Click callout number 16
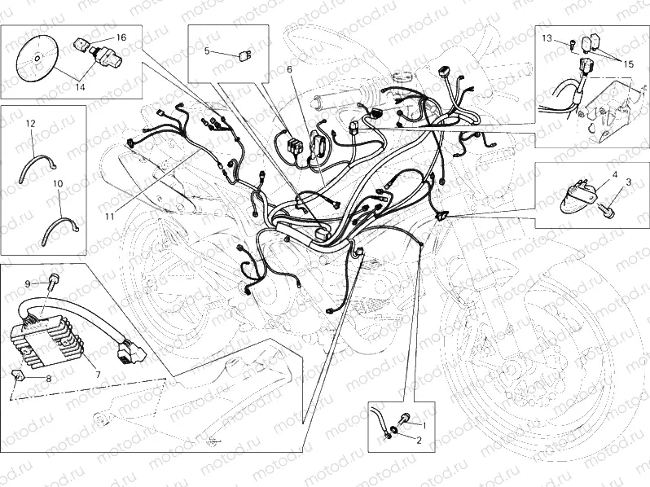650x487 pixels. (121, 37)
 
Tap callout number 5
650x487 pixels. (207, 50)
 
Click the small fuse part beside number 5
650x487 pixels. (243, 55)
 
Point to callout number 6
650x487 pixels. (288, 70)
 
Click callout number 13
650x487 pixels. (547, 38)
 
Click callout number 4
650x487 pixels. (614, 174)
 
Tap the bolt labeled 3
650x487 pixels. (606, 210)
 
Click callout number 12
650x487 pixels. (30, 123)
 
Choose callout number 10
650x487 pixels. (58, 185)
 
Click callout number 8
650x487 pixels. (48, 379)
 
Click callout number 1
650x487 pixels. (423, 424)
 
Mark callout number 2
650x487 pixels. (419, 441)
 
